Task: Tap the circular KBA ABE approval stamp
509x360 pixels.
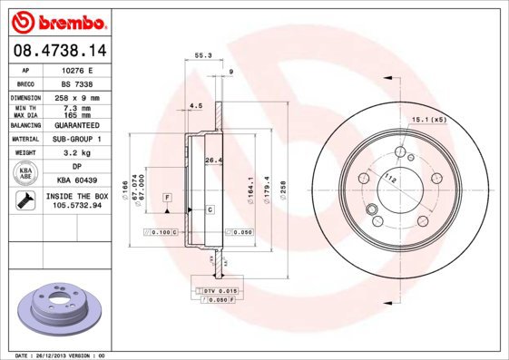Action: (26, 174)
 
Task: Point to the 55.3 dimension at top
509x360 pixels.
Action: (203, 56)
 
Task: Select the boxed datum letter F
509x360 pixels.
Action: (167, 197)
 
